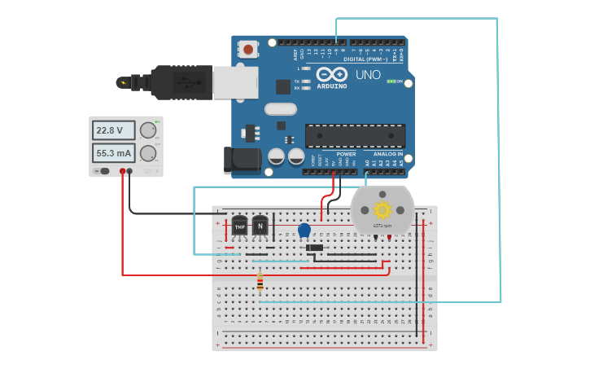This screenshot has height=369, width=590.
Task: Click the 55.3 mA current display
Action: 113,153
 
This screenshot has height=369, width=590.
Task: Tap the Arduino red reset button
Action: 248,50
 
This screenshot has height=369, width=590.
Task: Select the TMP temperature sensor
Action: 239,226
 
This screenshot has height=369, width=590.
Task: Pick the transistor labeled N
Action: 260,226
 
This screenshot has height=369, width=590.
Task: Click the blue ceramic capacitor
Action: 304,231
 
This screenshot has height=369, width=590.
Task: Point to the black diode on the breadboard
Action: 314,248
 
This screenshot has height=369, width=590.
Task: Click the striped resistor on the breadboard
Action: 260,283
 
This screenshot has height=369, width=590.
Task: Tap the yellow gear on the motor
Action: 382,209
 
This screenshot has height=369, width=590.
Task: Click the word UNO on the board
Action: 368,75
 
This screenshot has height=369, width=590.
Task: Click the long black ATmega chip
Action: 355,136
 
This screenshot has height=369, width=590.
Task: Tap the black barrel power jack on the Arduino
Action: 242,160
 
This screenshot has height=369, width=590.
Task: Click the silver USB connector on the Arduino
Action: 235,82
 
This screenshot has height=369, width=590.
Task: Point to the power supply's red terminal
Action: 122,171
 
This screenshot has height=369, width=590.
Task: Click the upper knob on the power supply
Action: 147,130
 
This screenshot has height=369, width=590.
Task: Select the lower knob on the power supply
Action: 147,153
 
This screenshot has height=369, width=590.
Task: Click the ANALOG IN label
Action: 387,154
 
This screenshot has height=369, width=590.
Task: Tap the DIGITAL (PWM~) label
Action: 365,59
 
